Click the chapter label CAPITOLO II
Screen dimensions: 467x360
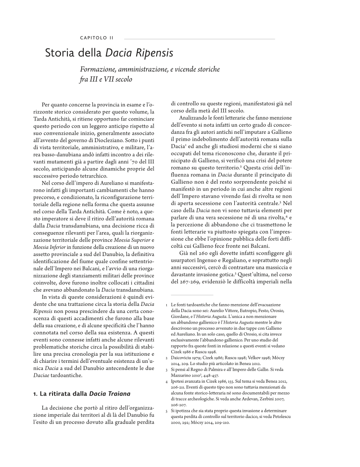pos(96,38)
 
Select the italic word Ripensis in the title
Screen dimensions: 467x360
pos(151,54)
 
